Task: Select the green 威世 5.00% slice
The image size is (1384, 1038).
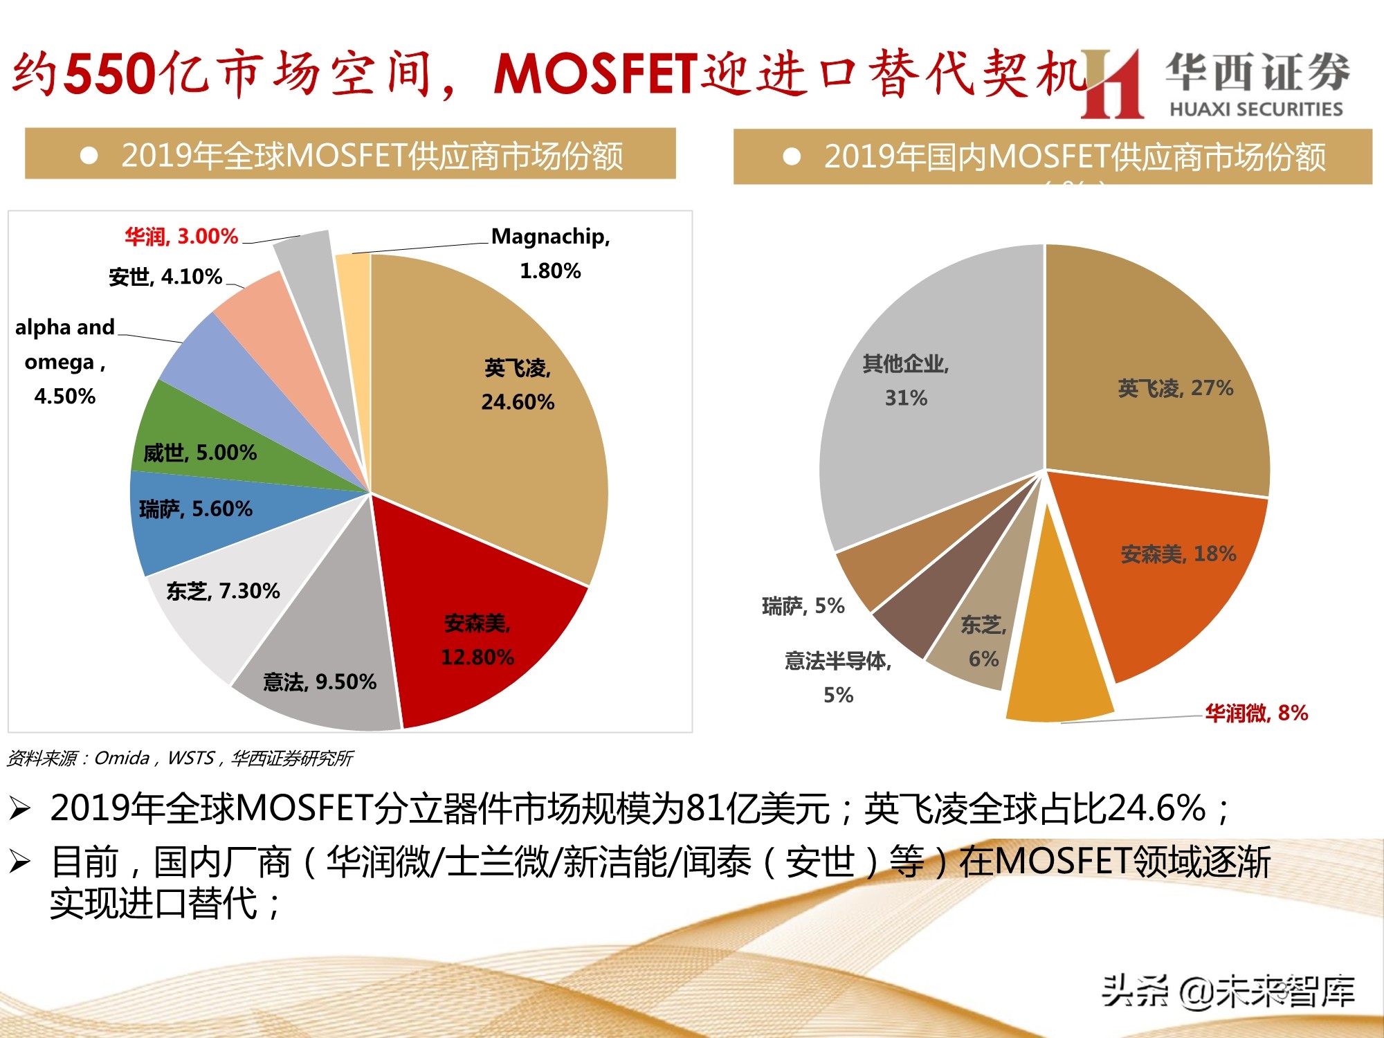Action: (x=201, y=443)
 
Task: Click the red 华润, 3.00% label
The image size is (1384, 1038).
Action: (x=181, y=237)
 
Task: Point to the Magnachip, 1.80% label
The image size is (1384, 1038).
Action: (x=550, y=253)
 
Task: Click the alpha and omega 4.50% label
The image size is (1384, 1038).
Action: (x=64, y=361)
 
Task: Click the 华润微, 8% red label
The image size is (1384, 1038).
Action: (x=1256, y=713)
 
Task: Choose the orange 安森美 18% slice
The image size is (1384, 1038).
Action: (x=1169, y=567)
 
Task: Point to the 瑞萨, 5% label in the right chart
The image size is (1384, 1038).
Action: (x=803, y=606)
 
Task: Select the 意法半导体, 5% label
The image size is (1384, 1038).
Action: (x=837, y=677)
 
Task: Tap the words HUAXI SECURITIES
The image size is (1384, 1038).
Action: (x=1255, y=109)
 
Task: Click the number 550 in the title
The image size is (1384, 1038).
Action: (x=111, y=73)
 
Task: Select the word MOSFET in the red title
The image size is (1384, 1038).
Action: (x=595, y=73)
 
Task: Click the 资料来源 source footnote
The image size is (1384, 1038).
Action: (x=180, y=758)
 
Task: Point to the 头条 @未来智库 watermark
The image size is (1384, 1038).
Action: (x=1228, y=991)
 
